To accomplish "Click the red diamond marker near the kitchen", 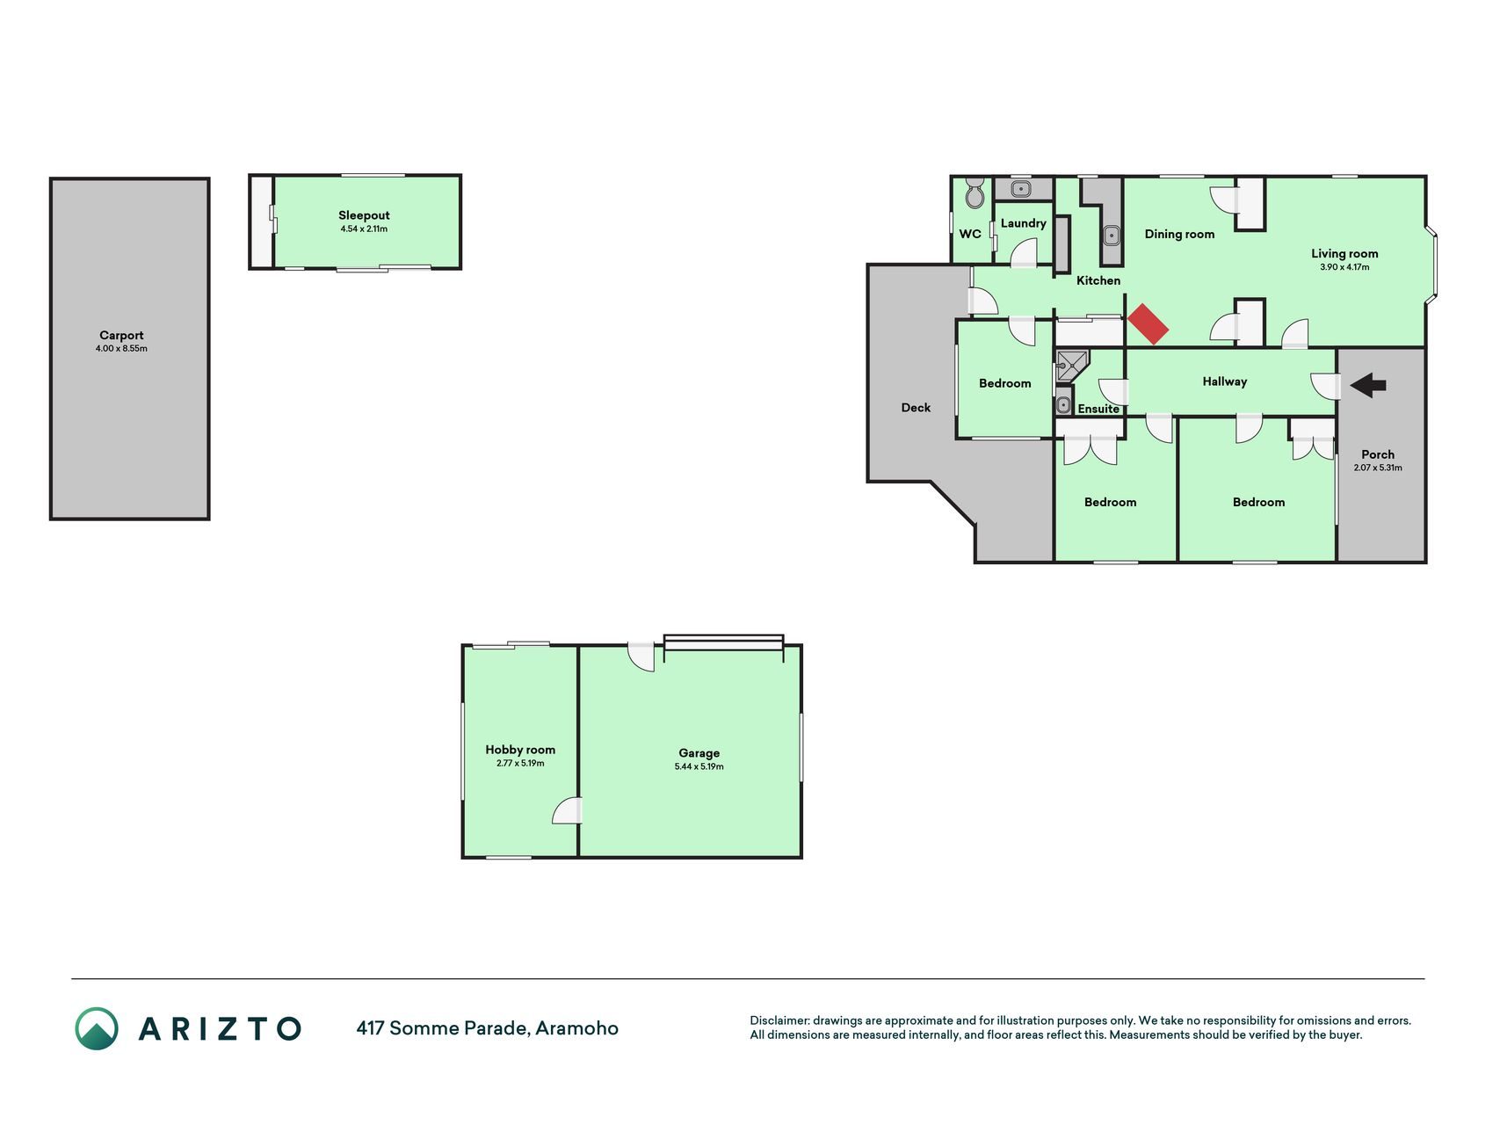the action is [1148, 324].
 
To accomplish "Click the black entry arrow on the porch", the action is [1368, 384].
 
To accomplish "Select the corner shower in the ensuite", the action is [1072, 365].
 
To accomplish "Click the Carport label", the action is [121, 335].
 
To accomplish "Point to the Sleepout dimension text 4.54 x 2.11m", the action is [364, 229].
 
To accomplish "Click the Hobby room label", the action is [520, 750].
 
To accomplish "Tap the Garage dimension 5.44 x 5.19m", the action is [699, 766].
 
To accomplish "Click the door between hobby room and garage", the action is [568, 810].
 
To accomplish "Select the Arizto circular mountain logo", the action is [97, 1028].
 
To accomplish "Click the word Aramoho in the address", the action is [577, 1027].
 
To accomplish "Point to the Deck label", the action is [916, 407].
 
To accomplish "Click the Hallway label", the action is [1225, 381].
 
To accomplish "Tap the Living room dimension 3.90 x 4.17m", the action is [1344, 267].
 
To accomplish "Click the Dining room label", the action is [1179, 234].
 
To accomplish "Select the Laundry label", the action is [1024, 223].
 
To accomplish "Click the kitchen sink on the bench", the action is [1112, 235].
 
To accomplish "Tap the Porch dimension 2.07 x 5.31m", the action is [1378, 468].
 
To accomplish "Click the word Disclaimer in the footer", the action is [779, 1020].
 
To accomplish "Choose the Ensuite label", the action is [1098, 409].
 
